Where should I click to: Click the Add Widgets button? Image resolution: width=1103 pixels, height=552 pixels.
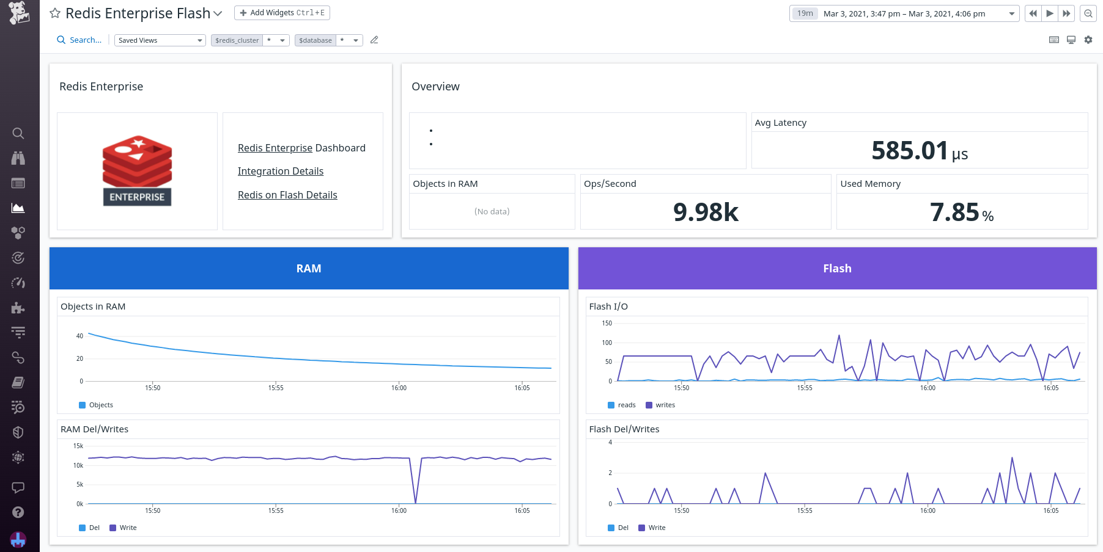[282, 13]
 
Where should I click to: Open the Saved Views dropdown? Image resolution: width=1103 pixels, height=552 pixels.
[160, 40]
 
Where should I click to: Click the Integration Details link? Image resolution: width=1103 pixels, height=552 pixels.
[280, 172]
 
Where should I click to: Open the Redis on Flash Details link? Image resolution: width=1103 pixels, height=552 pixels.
[287, 195]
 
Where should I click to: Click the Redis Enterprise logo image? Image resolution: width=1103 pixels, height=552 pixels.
[137, 170]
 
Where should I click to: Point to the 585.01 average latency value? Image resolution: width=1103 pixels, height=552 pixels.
[910, 151]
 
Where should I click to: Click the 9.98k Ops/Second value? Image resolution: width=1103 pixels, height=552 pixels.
[706, 212]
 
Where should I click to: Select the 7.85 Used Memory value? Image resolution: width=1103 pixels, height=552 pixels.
[954, 212]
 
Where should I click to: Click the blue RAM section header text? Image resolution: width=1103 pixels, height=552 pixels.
[309, 269]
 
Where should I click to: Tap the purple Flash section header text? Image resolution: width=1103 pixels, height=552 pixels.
[837, 269]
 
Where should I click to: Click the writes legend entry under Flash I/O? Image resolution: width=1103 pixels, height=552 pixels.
[665, 405]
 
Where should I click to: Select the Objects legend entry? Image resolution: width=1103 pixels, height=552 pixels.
[100, 405]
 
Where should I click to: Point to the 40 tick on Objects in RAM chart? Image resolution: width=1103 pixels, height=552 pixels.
[79, 336]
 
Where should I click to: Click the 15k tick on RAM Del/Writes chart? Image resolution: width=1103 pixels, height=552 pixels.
[78, 446]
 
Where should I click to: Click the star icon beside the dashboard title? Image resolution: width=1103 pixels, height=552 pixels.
[55, 13]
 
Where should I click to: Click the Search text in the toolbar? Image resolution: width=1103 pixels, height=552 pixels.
[85, 40]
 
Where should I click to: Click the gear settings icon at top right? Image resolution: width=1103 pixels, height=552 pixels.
[1088, 40]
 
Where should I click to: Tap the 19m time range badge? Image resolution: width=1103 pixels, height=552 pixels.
[805, 13]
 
